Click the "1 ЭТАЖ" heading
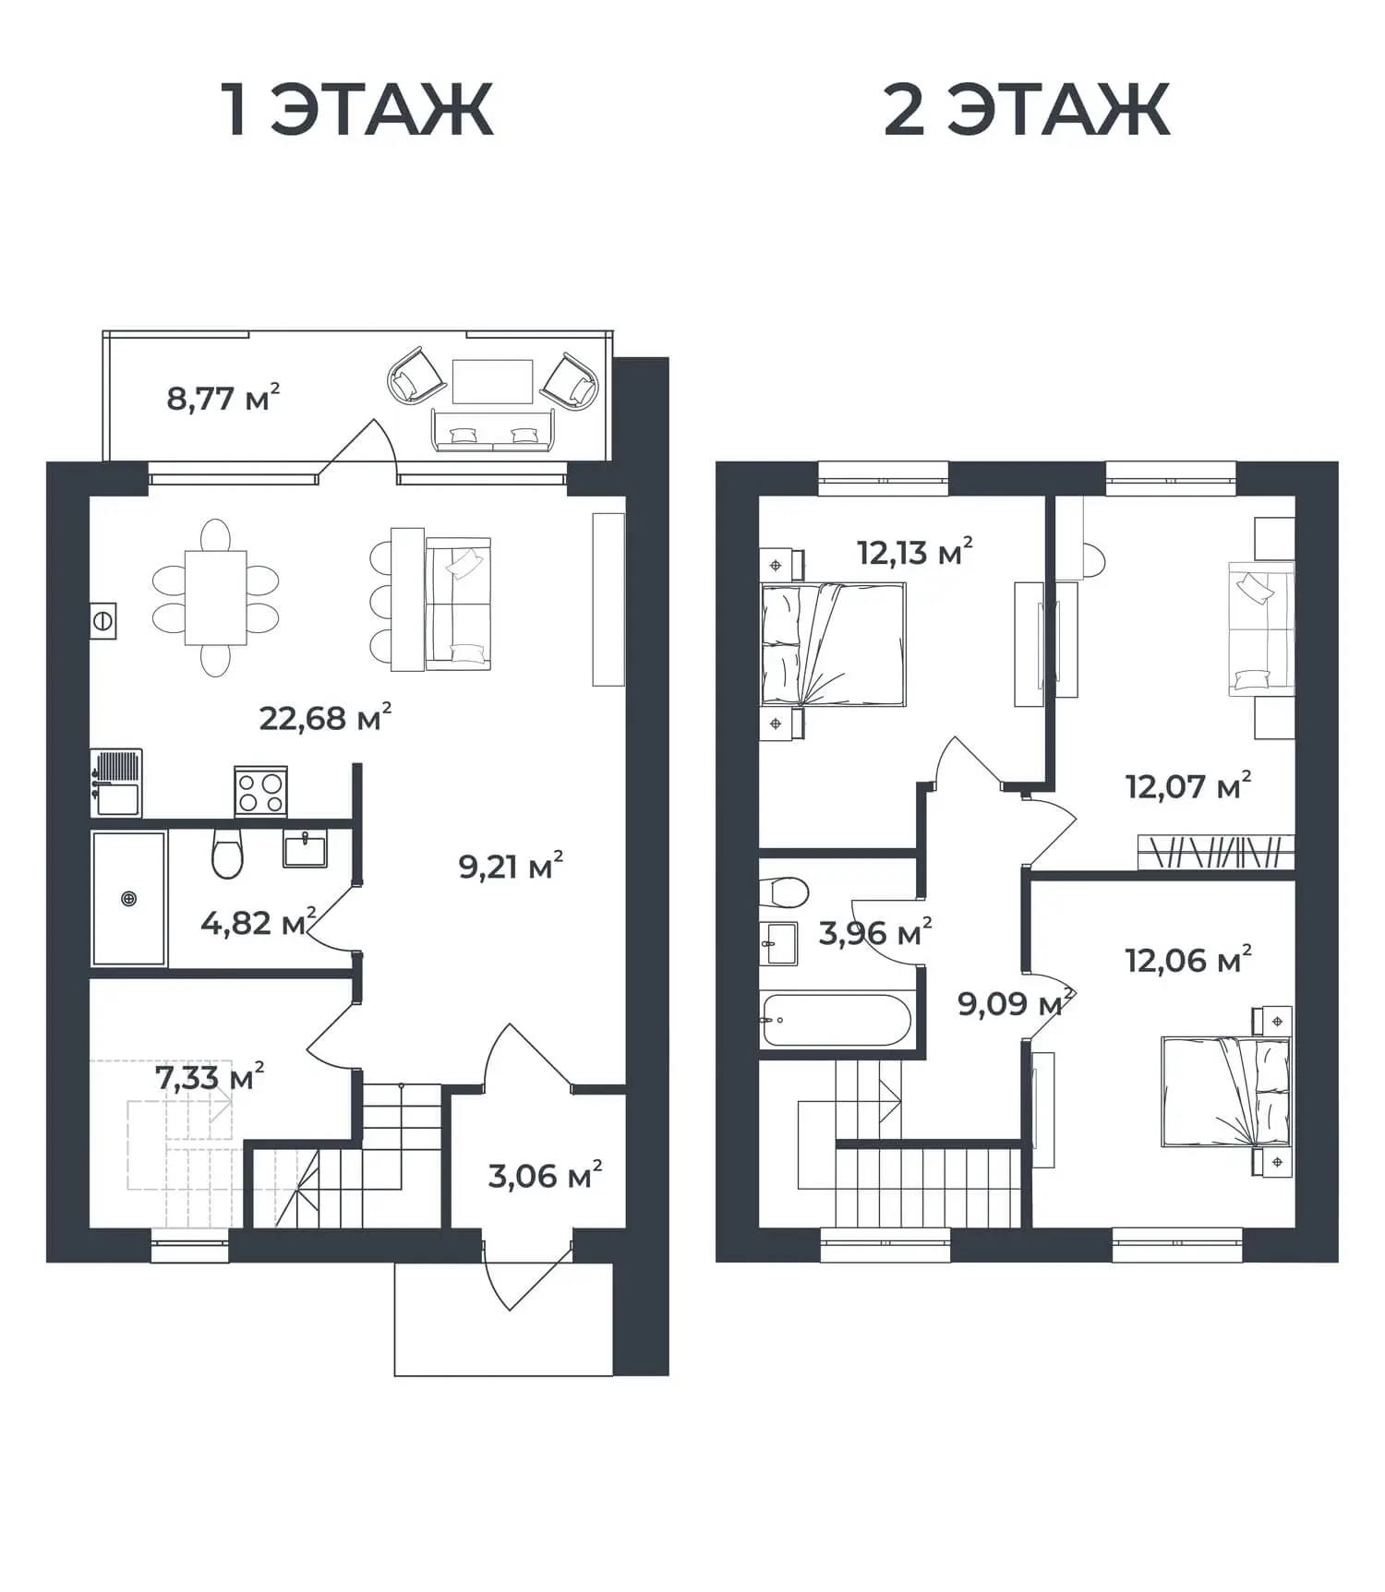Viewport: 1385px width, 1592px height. pyautogui.click(x=357, y=110)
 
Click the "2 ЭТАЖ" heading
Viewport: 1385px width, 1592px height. pyautogui.click(x=1027, y=110)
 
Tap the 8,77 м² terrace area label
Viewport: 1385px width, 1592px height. pyautogui.click(x=223, y=398)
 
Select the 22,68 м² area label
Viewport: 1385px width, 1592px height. pyautogui.click(x=325, y=717)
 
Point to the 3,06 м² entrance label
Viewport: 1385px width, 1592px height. pyautogui.click(x=545, y=1176)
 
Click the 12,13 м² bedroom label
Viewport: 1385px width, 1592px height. pyautogui.click(x=914, y=553)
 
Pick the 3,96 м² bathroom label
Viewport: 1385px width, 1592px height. pyautogui.click(x=874, y=932)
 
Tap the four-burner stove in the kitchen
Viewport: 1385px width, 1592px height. pyautogui.click(x=260, y=792)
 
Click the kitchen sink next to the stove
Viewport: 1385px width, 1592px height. pyautogui.click(x=116, y=784)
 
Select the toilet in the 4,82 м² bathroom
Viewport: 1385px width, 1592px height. pyautogui.click(x=227, y=853)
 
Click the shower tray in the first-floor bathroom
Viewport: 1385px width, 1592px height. pyautogui.click(x=129, y=898)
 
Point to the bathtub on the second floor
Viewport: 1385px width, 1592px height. pyautogui.click(x=837, y=1020)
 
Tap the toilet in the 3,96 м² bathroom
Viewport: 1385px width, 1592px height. pyautogui.click(x=784, y=892)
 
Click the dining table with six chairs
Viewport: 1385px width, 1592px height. pyautogui.click(x=215, y=597)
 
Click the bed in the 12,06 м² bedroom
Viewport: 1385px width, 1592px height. pyautogui.click(x=1225, y=1092)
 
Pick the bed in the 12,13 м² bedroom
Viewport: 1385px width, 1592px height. pyautogui.click(x=833, y=644)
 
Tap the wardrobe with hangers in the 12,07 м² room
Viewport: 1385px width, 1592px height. pyautogui.click(x=1215, y=852)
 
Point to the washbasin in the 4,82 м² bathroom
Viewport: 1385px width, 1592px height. pyautogui.click(x=305, y=848)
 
